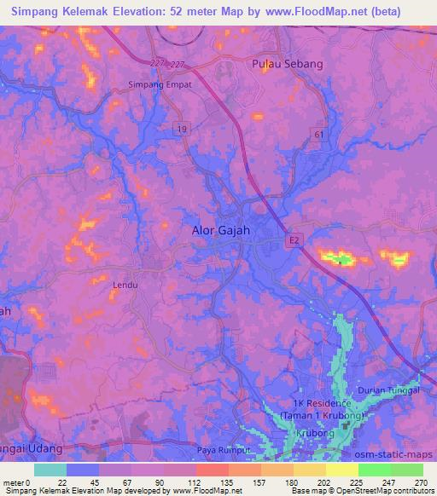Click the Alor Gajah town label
219,229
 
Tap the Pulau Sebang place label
288,64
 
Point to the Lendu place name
125,285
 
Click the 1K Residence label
320,402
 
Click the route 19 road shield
183,128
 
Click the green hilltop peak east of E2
341,259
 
